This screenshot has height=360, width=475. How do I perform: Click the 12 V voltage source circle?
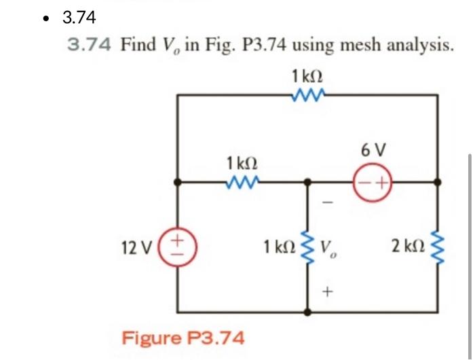(x=178, y=243)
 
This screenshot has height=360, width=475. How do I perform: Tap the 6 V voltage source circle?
(x=373, y=182)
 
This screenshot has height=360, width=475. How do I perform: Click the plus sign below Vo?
(x=328, y=293)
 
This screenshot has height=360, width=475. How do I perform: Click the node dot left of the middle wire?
(x=178, y=182)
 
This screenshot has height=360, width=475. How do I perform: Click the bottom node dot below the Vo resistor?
(x=309, y=313)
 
